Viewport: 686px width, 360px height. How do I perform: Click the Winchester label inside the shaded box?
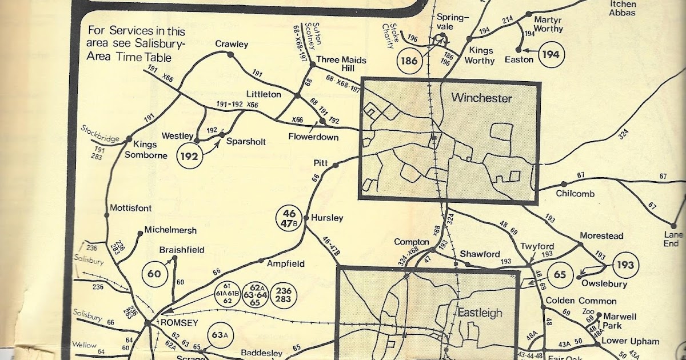[482, 98]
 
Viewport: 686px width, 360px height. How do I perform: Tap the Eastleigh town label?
[479, 313]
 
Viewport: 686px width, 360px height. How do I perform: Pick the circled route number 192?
[190, 156]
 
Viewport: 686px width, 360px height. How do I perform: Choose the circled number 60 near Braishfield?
[154, 273]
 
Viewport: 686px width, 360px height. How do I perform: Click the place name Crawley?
[232, 44]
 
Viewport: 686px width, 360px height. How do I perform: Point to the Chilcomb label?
[575, 194]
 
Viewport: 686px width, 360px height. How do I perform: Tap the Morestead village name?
[601, 235]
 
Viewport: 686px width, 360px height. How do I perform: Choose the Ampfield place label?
[286, 264]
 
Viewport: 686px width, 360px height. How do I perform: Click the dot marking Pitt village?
[336, 166]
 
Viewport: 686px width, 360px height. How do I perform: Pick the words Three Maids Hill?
[341, 65]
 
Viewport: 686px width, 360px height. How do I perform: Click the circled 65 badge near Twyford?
[560, 274]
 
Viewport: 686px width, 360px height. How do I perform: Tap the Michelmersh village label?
[170, 230]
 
